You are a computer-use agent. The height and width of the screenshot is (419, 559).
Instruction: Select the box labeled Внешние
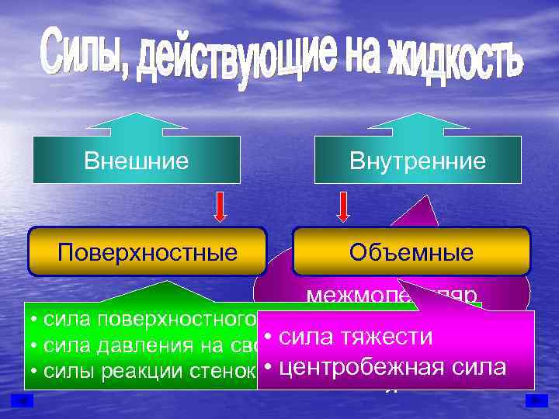click(x=136, y=161)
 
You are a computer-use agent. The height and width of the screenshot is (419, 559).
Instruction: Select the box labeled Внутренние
click(x=418, y=161)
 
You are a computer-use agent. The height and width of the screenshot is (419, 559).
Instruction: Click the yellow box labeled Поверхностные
click(x=148, y=252)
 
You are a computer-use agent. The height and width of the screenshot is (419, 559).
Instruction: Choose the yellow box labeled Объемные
click(x=411, y=252)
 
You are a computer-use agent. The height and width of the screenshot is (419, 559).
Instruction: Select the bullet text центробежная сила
click(x=384, y=365)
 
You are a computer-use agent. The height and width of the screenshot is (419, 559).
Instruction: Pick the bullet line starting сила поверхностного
click(x=140, y=319)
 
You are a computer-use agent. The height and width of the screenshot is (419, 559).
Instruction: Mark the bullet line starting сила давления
click(x=140, y=344)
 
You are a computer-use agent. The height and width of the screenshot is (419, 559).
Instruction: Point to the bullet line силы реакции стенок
click(x=140, y=369)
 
